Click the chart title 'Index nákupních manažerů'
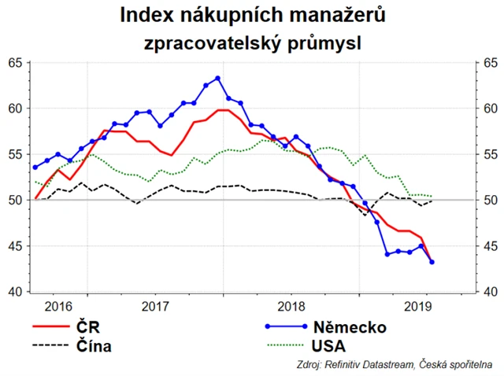pos(252,14)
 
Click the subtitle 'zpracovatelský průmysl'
pos(252,42)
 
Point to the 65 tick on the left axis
pos(16,62)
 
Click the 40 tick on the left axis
pos(16,292)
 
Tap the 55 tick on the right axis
pos(490,154)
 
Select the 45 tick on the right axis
pos(490,246)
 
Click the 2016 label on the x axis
pos(58,305)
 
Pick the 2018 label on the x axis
pos(291,305)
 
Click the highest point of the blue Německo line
pos(217,78)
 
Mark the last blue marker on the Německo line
pos(432,262)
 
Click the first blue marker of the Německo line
pos(35,167)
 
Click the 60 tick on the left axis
pos(16,109)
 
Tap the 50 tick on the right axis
pos(490,200)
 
